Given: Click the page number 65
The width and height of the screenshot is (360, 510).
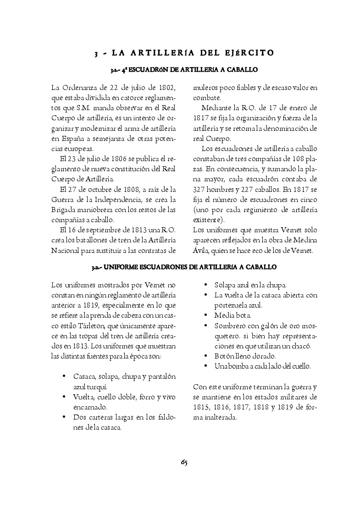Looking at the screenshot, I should point(184,462).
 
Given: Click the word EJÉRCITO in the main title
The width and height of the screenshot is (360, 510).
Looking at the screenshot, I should point(249,53).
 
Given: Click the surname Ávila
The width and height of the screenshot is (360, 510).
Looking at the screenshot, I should point(201,251).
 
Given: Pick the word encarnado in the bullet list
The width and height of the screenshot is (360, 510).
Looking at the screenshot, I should point(90,407).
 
